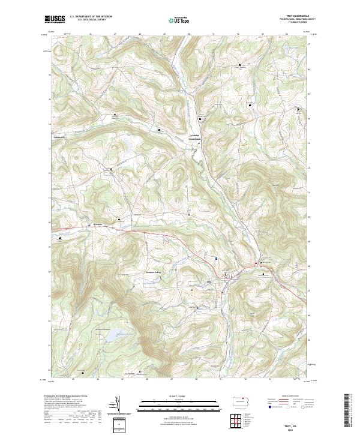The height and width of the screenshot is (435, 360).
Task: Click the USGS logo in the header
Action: coord(55,19)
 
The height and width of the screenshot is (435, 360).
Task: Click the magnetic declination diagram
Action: coord(119,406)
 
